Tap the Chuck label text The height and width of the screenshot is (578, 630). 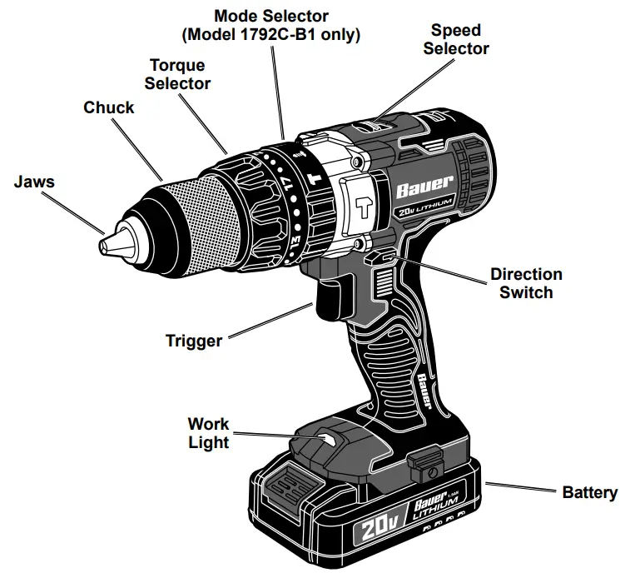click(108, 107)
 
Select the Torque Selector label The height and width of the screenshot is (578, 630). click(177, 74)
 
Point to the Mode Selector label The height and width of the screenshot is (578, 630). click(271, 25)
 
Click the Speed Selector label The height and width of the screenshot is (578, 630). click(455, 39)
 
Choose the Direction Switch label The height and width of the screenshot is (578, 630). click(525, 283)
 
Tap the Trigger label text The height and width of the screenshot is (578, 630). click(194, 341)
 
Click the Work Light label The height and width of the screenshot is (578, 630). click(207, 433)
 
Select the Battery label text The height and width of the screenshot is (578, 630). click(590, 492)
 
